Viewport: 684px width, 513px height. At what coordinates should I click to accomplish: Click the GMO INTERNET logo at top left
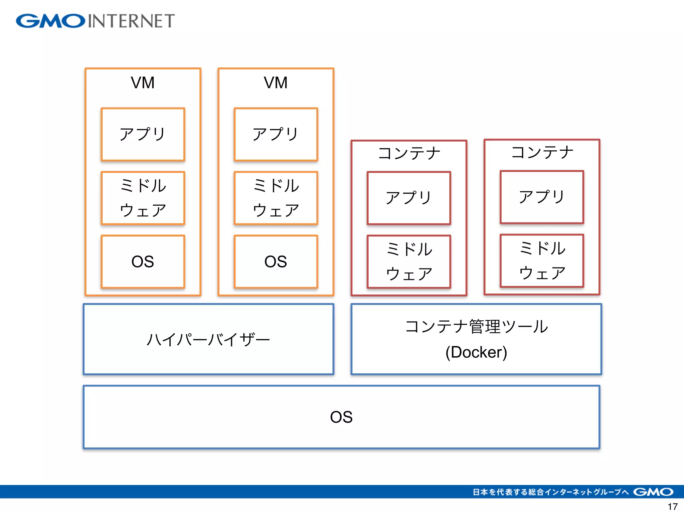pos(95,21)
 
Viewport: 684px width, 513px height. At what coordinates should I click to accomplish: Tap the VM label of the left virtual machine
pos(143,82)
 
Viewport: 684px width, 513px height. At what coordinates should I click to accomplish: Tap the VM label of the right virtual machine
pos(276,82)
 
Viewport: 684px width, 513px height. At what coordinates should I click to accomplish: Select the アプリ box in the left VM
pos(143,134)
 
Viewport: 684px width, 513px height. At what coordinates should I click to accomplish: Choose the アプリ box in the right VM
pos(276,134)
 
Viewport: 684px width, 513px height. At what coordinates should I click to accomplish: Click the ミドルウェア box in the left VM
pos(143,198)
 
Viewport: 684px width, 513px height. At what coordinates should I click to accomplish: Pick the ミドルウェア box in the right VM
pos(276,198)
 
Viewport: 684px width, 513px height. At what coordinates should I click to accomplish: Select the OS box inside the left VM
pos(143,262)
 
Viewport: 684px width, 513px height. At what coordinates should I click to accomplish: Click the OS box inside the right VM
pos(276,262)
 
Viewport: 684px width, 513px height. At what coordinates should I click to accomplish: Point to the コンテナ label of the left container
pos(409,153)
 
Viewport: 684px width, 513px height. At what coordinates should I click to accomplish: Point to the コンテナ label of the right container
pos(542,152)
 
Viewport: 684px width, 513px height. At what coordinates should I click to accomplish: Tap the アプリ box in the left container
pos(409,198)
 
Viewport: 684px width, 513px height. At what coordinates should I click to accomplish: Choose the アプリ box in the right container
pos(542,197)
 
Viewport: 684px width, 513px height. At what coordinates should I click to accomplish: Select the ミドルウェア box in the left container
pos(409,262)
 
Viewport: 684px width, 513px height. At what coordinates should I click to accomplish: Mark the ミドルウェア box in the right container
pos(542,261)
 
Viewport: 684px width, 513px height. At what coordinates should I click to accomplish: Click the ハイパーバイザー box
pos(208,339)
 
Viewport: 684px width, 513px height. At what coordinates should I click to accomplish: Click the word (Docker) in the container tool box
pos(476,352)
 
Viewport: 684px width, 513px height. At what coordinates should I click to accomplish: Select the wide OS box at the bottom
pos(341,417)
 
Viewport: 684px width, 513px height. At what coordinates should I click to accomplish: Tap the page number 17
pos(672,507)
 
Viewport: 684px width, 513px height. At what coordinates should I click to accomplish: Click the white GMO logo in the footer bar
pos(653,492)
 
